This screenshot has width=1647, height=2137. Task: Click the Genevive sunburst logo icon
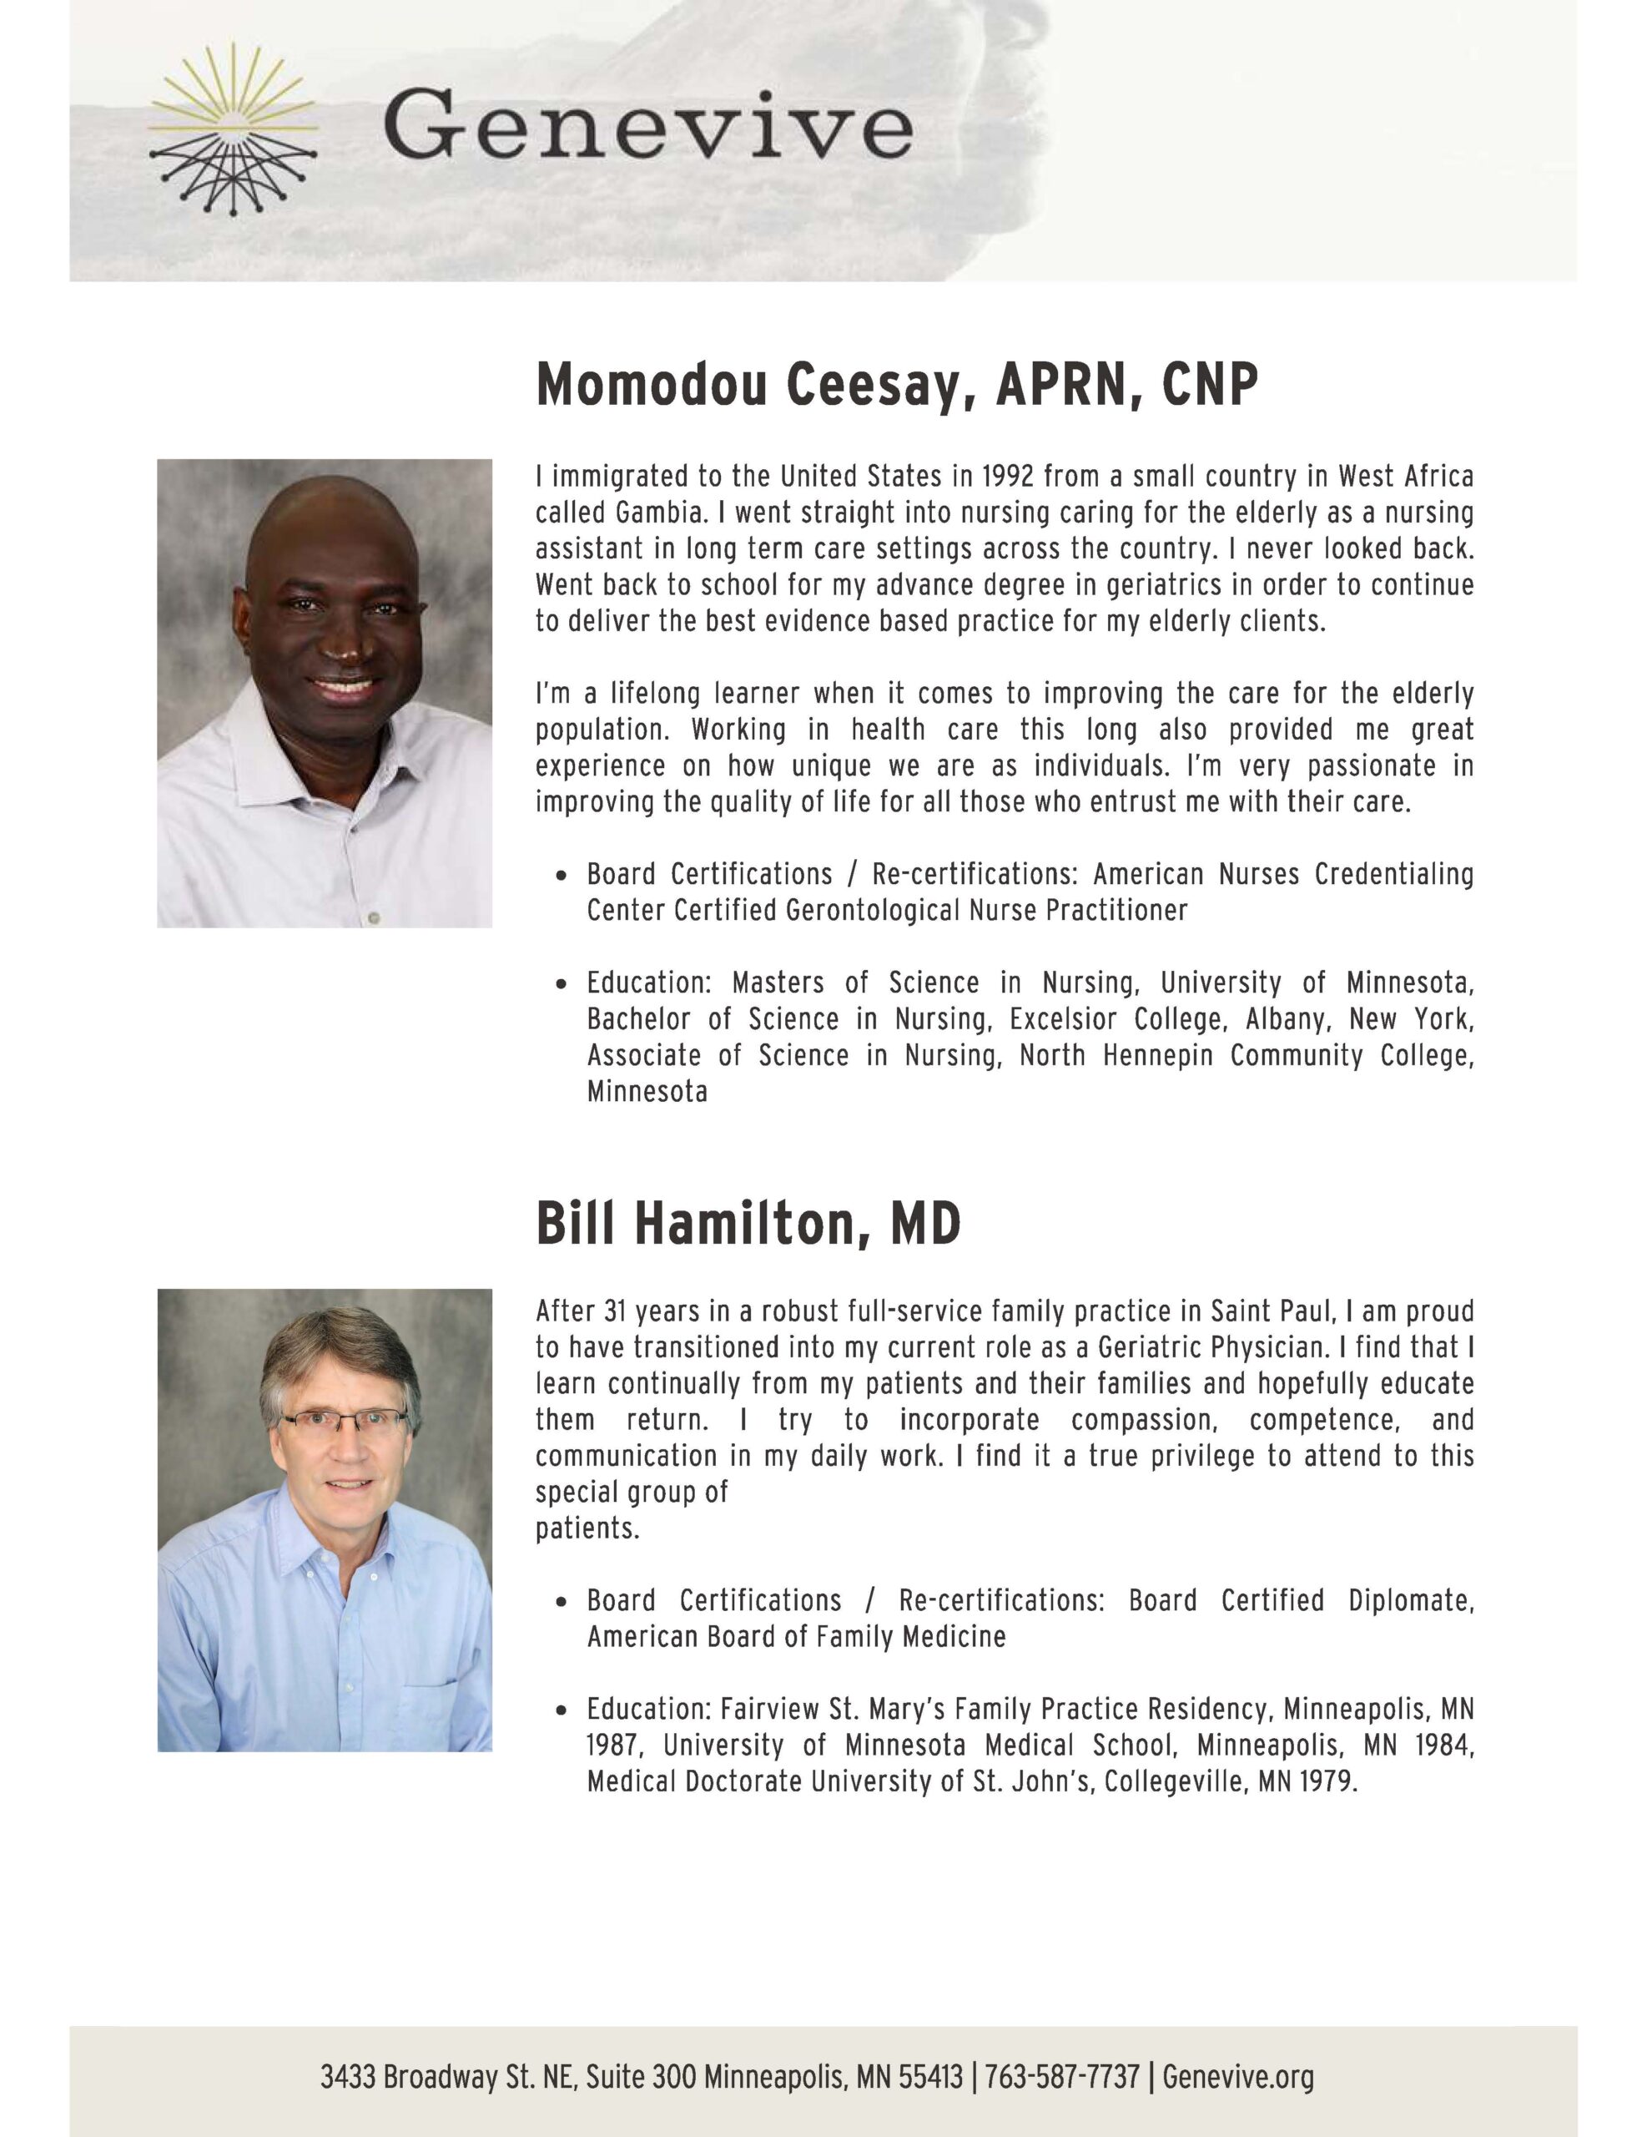point(233,131)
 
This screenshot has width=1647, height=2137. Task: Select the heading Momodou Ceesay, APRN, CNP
point(896,385)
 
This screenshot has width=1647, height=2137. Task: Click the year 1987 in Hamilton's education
point(615,1745)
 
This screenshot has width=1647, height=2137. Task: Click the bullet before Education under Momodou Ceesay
point(562,983)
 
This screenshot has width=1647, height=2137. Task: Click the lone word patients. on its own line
point(587,1528)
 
